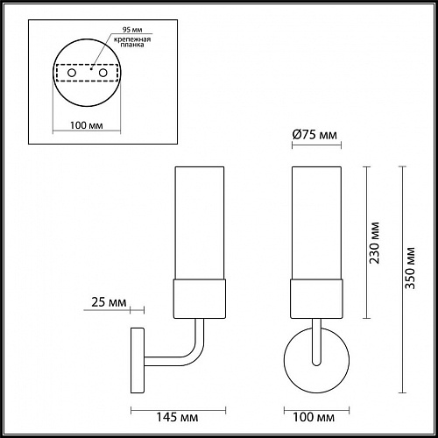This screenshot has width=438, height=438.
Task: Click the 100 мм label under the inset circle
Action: pos(84,128)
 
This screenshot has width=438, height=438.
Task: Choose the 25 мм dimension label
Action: pos(106,304)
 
